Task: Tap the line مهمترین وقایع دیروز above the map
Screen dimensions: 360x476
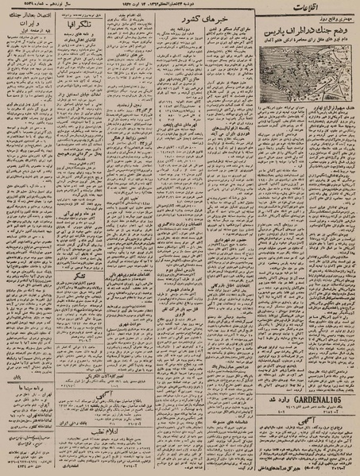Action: coord(313,23)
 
